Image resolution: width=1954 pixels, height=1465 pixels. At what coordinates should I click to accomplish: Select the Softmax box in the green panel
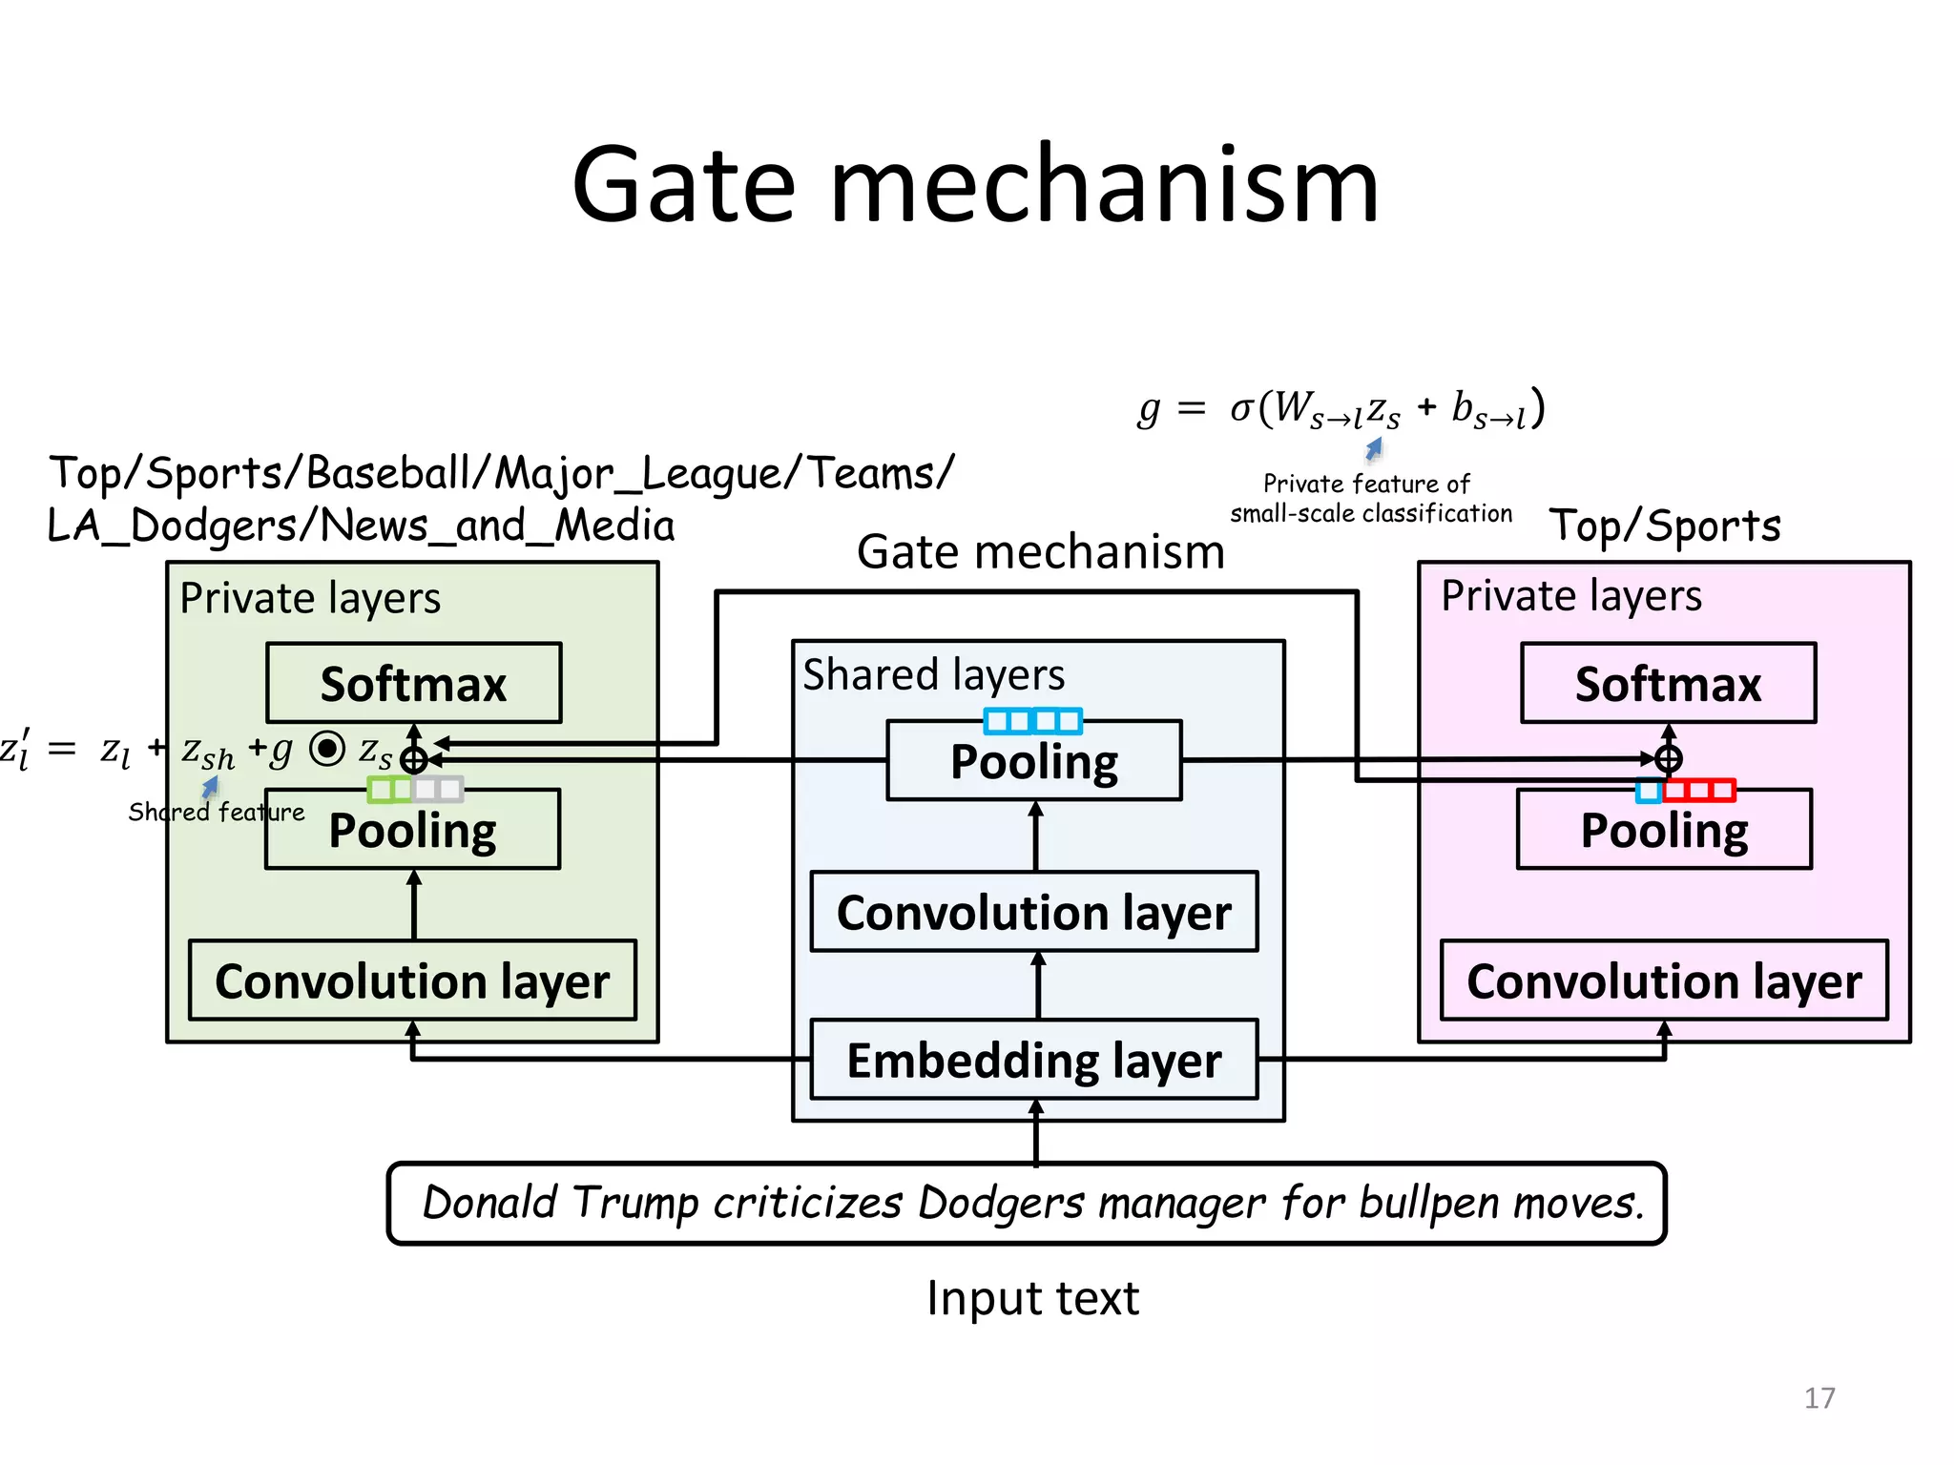[413, 683]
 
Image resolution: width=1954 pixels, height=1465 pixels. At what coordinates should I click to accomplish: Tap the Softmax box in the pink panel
[1668, 683]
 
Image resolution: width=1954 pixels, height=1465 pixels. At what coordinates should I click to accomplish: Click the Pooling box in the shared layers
[1033, 761]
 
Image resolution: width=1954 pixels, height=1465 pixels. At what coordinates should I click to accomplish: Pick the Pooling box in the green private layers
[412, 830]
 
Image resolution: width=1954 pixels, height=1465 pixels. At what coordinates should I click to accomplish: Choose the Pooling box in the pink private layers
[1664, 830]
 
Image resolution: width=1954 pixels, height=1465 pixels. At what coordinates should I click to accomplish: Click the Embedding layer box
[1033, 1060]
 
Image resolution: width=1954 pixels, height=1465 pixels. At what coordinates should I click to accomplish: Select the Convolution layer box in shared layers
[1033, 912]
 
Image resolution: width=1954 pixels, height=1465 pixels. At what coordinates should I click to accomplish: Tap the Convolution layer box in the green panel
[412, 980]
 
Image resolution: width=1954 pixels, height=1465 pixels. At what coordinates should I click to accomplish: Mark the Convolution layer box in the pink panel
[1664, 980]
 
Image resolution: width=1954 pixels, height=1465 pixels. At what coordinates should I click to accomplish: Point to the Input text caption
[1032, 1298]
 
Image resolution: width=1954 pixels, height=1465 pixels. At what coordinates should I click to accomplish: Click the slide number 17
[1819, 1398]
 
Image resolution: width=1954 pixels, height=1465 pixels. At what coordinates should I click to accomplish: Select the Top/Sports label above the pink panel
[1664, 526]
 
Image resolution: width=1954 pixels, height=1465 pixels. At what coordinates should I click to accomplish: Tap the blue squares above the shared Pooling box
[1032, 721]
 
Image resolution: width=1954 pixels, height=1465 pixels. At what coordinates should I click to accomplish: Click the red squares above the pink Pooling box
[1698, 790]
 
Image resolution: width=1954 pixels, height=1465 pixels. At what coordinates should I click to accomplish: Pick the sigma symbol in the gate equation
[1241, 408]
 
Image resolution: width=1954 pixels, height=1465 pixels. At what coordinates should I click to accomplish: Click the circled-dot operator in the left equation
[327, 749]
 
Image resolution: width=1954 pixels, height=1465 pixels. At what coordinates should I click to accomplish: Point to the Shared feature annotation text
[217, 812]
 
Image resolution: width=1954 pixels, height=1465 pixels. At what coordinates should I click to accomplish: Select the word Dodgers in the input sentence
[1000, 1203]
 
